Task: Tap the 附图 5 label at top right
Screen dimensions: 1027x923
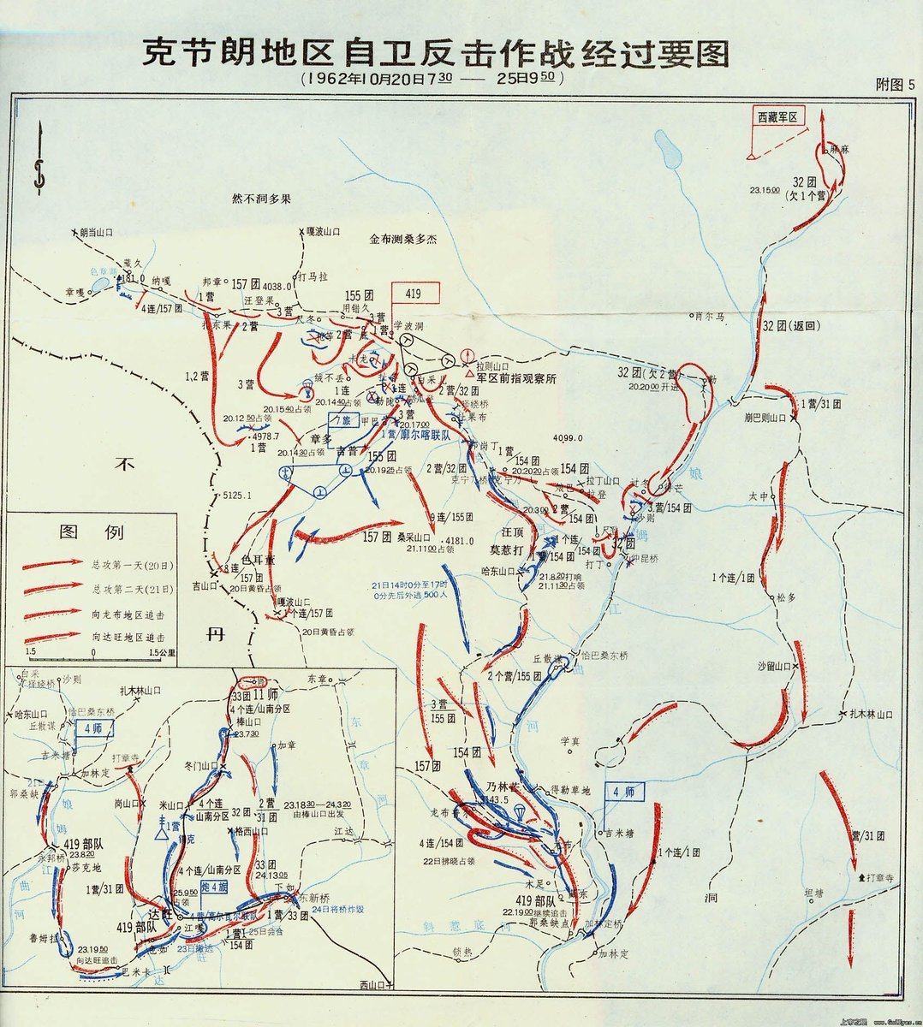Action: [896, 84]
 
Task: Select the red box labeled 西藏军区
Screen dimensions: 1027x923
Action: [779, 117]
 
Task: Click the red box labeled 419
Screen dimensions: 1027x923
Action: [415, 293]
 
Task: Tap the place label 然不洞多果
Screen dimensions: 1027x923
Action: [263, 199]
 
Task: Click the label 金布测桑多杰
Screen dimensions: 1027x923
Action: [402, 240]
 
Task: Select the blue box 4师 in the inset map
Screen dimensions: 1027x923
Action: [87, 730]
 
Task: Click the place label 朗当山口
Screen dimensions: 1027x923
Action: [95, 233]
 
